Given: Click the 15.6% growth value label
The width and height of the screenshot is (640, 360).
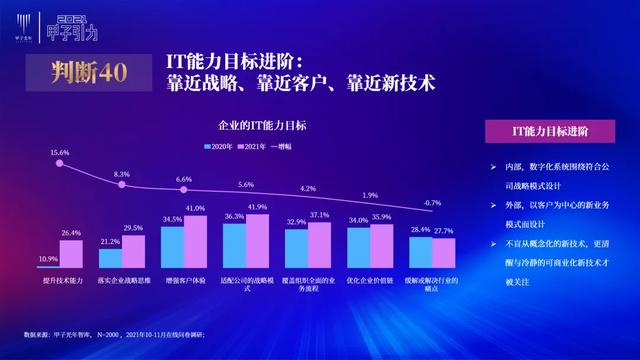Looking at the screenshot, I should [59, 152].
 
